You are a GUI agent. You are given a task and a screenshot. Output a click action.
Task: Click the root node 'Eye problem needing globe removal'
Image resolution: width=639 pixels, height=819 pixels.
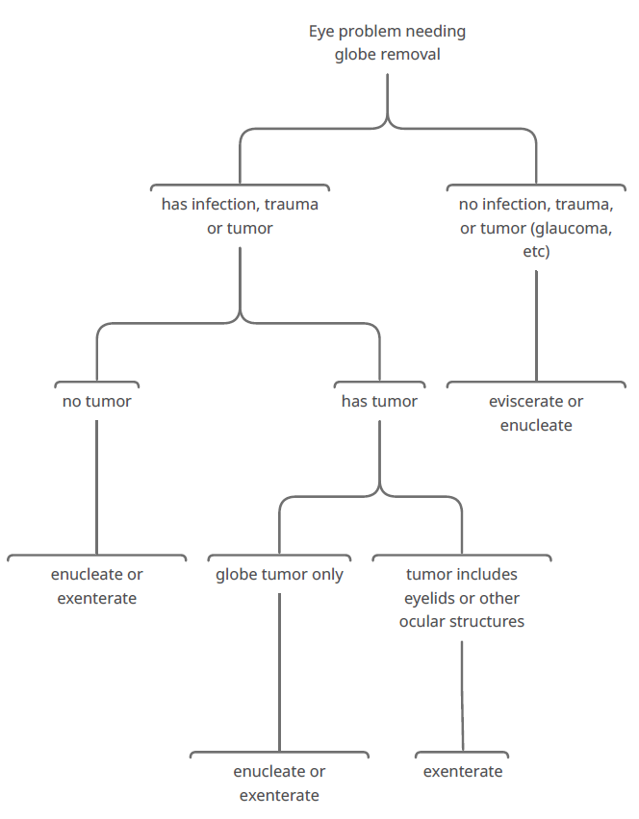[x=387, y=42]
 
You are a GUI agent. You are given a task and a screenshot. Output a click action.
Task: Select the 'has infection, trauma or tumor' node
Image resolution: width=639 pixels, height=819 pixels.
[x=240, y=215]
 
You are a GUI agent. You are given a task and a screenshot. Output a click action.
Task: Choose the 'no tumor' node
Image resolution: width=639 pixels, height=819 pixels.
[x=97, y=401]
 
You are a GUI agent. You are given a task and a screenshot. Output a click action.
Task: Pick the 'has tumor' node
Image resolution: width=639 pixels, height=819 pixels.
[x=379, y=401]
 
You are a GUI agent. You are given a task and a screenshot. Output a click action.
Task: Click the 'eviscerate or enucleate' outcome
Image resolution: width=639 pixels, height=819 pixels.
[x=536, y=413]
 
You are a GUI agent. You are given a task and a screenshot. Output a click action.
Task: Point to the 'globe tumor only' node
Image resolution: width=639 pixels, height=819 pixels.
[x=279, y=574]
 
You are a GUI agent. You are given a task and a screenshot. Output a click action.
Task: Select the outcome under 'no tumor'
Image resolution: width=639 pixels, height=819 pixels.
[x=97, y=586]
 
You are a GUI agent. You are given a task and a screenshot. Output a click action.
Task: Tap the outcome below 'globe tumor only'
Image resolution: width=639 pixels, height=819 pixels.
[x=279, y=783]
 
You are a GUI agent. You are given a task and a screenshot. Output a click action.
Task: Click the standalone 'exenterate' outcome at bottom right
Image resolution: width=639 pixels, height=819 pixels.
[x=463, y=772]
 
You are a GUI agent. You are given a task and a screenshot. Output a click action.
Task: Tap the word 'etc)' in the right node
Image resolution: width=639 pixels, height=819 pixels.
[x=536, y=251]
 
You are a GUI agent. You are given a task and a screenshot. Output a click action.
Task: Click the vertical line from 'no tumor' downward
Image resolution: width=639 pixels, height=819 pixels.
[x=97, y=486]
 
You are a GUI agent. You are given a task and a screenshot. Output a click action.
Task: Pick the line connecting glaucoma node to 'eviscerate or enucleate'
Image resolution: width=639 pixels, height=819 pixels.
[x=536, y=326]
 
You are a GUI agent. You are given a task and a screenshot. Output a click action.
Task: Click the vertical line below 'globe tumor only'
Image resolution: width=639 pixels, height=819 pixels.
[x=279, y=672]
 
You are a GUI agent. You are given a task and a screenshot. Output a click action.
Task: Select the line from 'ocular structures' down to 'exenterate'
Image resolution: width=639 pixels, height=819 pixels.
[x=462, y=696]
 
